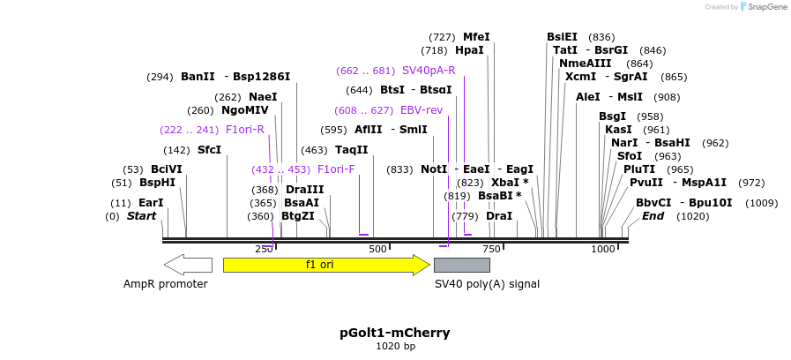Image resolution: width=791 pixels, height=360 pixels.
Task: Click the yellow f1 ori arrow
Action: tap(325, 265)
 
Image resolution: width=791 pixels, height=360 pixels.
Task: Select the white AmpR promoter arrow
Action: tap(188, 265)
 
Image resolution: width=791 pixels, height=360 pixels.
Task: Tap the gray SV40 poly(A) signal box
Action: tap(462, 265)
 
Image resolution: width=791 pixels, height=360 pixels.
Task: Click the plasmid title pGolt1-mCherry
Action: tap(395, 333)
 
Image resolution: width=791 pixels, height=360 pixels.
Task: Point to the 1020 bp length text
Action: tap(395, 346)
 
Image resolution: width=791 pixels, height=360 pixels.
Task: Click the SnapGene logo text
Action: tap(764, 7)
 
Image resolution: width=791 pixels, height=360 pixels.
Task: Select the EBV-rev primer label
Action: tap(422, 110)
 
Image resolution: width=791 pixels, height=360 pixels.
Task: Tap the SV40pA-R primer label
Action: tap(429, 71)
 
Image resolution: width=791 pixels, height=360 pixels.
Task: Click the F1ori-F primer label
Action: tap(336, 169)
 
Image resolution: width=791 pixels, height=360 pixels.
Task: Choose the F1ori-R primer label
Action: tap(245, 129)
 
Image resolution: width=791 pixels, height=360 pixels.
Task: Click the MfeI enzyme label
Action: tap(476, 37)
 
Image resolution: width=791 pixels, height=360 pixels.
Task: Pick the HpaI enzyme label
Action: tap(469, 50)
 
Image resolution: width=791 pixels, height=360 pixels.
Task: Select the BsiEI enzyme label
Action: tap(562, 37)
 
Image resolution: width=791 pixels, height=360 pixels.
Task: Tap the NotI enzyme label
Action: tap(434, 169)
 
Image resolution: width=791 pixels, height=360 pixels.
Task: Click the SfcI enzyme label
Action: tap(209, 149)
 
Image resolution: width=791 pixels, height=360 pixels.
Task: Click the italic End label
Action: tap(653, 215)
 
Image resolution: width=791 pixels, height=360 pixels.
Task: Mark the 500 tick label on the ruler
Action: tap(378, 249)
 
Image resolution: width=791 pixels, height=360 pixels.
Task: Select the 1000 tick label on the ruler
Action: tap(603, 249)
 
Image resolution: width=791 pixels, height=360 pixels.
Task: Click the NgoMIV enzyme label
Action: tap(245, 110)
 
